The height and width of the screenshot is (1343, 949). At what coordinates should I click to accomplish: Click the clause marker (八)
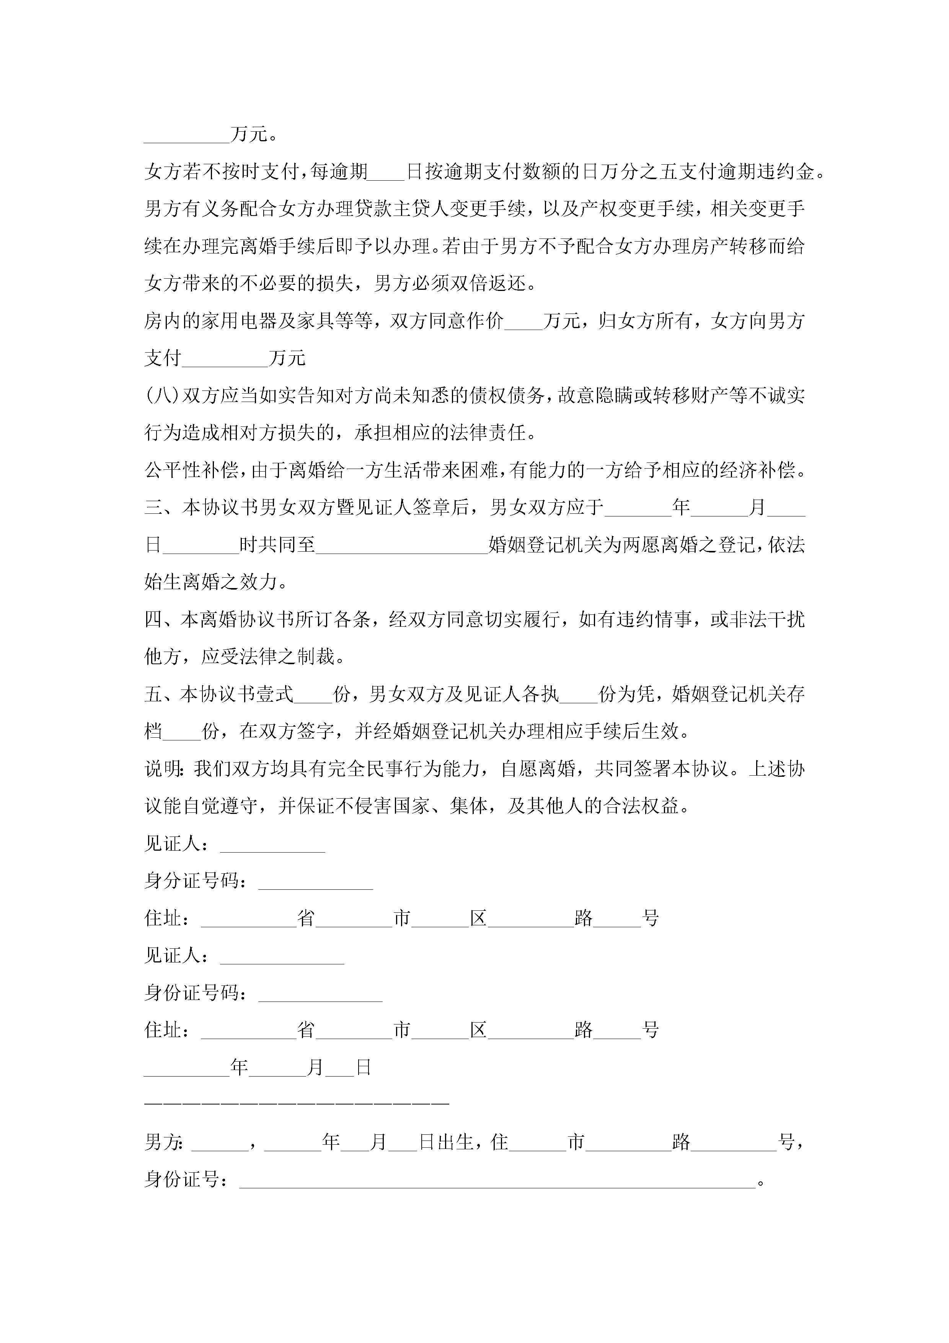(x=161, y=396)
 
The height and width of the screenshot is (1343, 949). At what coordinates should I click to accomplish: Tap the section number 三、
(x=162, y=508)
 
